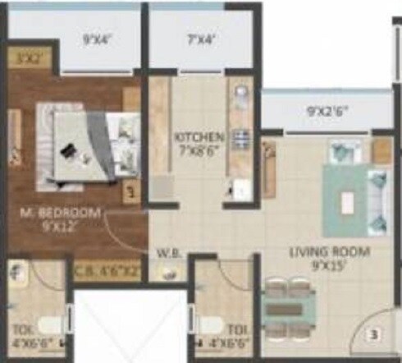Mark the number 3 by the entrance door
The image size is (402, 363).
click(372, 334)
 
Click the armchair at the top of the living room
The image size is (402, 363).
click(342, 152)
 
